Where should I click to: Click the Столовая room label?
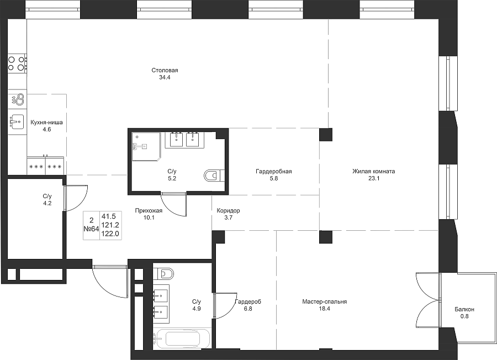pyautogui.click(x=165, y=70)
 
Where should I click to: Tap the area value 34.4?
pyautogui.click(x=165, y=77)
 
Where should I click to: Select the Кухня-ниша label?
pyautogui.click(x=46, y=123)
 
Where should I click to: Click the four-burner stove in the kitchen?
pyautogui.click(x=17, y=63)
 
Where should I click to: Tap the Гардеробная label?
pyautogui.click(x=274, y=172)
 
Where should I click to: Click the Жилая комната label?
pyautogui.click(x=374, y=172)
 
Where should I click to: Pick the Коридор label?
pyautogui.click(x=228, y=210)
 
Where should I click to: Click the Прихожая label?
pyautogui.click(x=149, y=210)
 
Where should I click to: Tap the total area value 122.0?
pyautogui.click(x=110, y=234)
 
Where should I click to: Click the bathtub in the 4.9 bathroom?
pyautogui.click(x=181, y=339)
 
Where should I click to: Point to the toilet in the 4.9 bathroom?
pyautogui.click(x=164, y=273)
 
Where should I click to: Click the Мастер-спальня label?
pyautogui.click(x=325, y=301)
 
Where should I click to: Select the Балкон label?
pyautogui.click(x=464, y=309)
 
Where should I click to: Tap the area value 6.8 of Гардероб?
pyautogui.click(x=248, y=309)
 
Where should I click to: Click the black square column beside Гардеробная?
pyautogui.click(x=326, y=134)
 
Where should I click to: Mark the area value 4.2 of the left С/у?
pyautogui.click(x=47, y=203)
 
